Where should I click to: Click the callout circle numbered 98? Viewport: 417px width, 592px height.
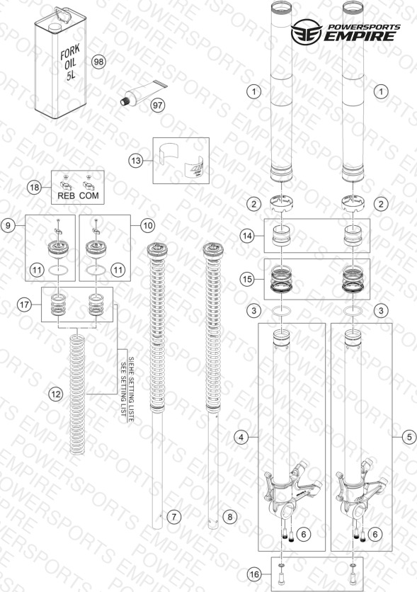pos(98,61)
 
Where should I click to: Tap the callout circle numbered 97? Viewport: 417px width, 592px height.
pos(157,105)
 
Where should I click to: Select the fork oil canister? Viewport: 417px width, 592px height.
pos(60,62)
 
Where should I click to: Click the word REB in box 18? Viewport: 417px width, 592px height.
pos(66,195)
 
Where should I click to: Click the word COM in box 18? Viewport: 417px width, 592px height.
pos(89,195)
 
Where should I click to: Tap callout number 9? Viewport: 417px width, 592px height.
pos(8,226)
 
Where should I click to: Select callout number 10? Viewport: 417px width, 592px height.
pos(147,226)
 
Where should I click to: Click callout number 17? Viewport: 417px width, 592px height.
pos(25,304)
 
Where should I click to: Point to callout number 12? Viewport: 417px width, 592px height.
pos(55,394)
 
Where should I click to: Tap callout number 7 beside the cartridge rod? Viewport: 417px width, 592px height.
pos(173,516)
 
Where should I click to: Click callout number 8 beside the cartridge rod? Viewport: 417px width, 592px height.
pos(230,516)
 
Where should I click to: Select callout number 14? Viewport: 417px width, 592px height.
pos(247,236)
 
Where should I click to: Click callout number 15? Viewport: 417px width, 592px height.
pos(247,280)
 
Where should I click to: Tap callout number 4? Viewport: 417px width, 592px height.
pos(241,437)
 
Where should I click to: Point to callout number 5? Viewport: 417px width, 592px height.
pos(409,437)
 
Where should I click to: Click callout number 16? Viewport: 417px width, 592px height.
pos(255,574)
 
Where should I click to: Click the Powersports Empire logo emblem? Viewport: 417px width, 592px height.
pos(306,32)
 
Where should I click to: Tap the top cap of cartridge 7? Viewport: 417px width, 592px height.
pos(157,251)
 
